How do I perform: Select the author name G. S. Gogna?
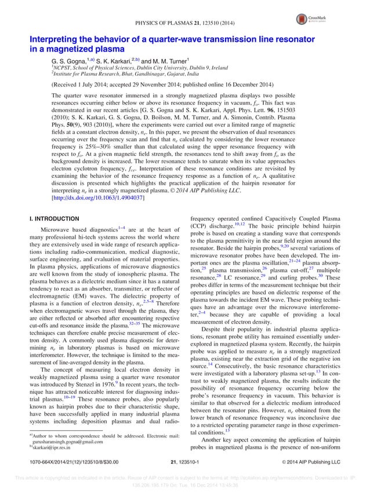(x=69, y=60)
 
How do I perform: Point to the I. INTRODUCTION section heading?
(x=55, y=219)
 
